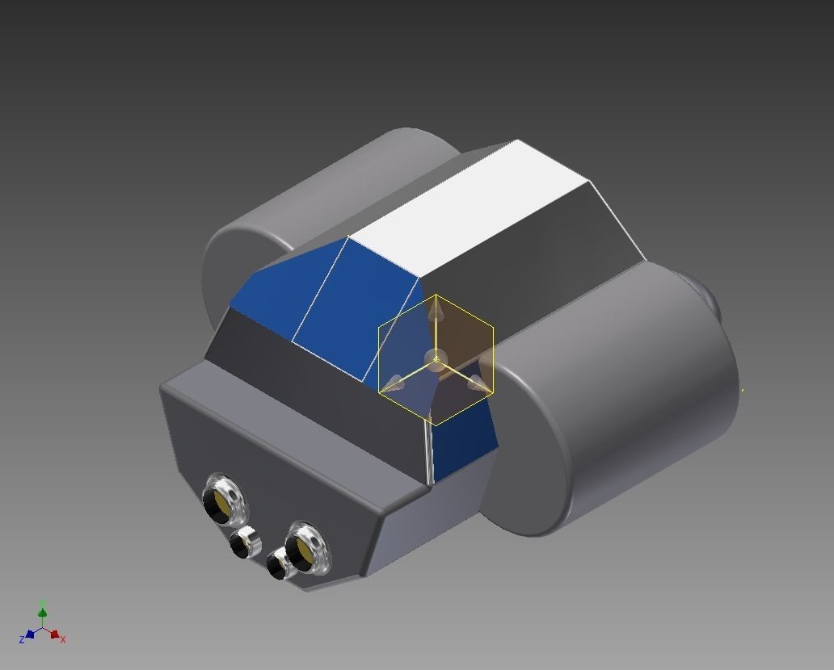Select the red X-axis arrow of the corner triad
54,634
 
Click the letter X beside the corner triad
63,639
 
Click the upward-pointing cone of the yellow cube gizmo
436,308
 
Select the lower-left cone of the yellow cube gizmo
394,382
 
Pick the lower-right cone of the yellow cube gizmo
478,382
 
